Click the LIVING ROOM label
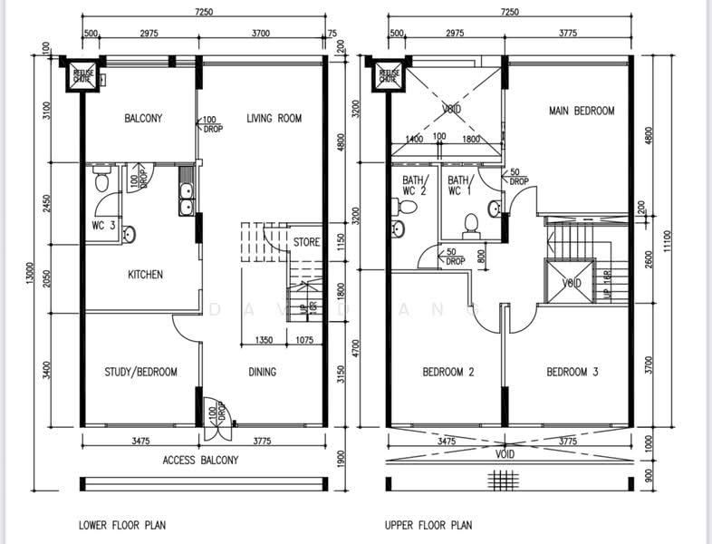click(x=274, y=119)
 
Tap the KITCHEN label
click(x=145, y=275)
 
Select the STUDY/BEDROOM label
click(x=140, y=372)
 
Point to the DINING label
click(x=263, y=372)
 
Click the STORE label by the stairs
click(x=306, y=242)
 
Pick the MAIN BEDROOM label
click(x=582, y=112)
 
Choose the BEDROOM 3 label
click(x=572, y=372)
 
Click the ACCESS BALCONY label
click(x=200, y=460)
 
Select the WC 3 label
click(x=102, y=226)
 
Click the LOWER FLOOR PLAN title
click(x=122, y=524)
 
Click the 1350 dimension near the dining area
click(x=265, y=341)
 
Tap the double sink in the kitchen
click(x=186, y=199)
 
